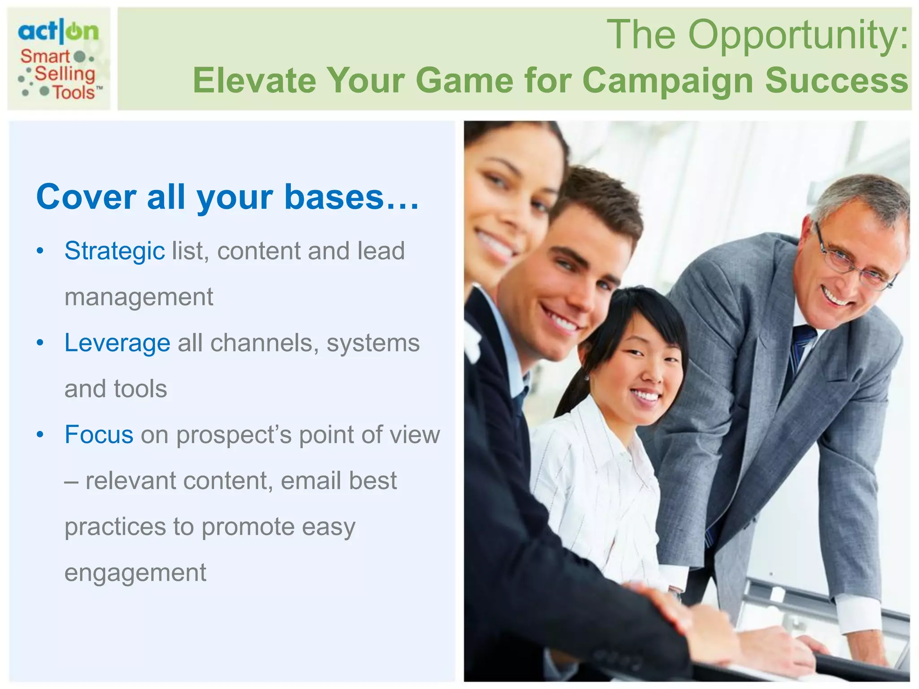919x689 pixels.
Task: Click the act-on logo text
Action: coord(58,31)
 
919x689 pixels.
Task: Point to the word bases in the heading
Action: coord(334,197)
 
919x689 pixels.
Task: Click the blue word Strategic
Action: coord(114,251)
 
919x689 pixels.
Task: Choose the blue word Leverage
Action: coord(117,343)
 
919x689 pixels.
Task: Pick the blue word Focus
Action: coord(99,435)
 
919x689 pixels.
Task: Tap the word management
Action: coord(139,297)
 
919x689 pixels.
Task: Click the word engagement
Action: coord(135,573)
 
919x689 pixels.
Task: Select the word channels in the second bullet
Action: coord(264,343)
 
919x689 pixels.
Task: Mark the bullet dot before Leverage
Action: coord(40,343)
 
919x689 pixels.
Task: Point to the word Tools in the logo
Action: coord(74,92)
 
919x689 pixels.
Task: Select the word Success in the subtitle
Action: coord(836,80)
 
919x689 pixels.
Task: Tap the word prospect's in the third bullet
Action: coord(233,436)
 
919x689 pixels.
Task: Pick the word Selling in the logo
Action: coord(65,74)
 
